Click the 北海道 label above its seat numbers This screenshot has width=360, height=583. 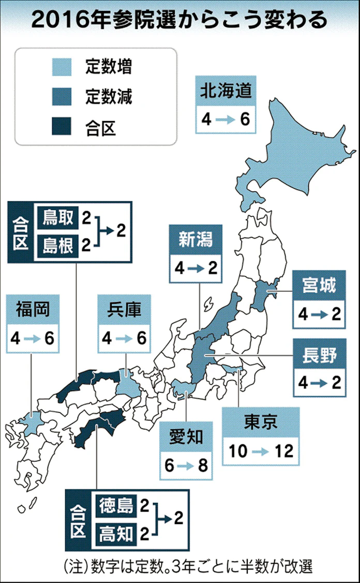[226, 92]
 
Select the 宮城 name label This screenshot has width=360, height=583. [319, 285]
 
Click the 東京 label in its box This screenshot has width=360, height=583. [261, 422]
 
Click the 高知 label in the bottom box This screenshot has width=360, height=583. [117, 532]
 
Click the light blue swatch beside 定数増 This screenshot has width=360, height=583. [64, 67]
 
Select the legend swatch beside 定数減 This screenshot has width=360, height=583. [64, 96]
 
